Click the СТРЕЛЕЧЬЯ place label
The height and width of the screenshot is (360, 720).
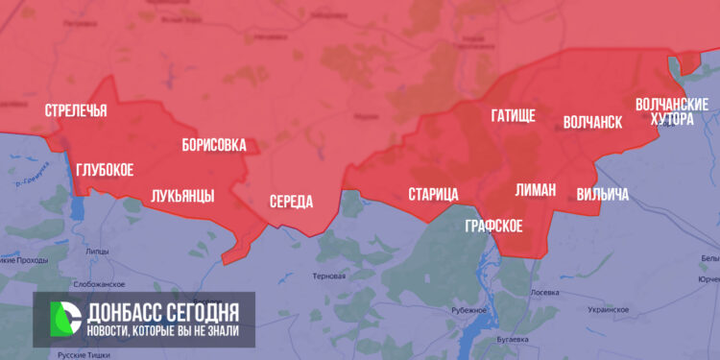pos(76,111)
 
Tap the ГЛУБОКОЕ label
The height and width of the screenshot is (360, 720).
pos(105,170)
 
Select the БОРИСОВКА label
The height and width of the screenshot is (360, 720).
pos(214,146)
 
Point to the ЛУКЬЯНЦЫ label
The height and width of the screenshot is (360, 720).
pos(182,197)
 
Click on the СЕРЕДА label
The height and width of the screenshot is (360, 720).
pos(291,202)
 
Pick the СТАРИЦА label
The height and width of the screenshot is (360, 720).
pos(433,195)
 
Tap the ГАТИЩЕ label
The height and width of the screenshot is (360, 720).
pos(513,116)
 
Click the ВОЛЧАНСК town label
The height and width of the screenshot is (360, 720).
pos(592,123)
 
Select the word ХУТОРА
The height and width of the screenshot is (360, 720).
pos(671,119)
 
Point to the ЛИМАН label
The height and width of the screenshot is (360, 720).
pos(535,190)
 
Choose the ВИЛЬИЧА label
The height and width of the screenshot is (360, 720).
pos(603,195)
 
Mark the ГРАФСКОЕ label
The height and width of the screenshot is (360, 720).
pos(493,227)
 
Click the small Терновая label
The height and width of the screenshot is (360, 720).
pos(328,276)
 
